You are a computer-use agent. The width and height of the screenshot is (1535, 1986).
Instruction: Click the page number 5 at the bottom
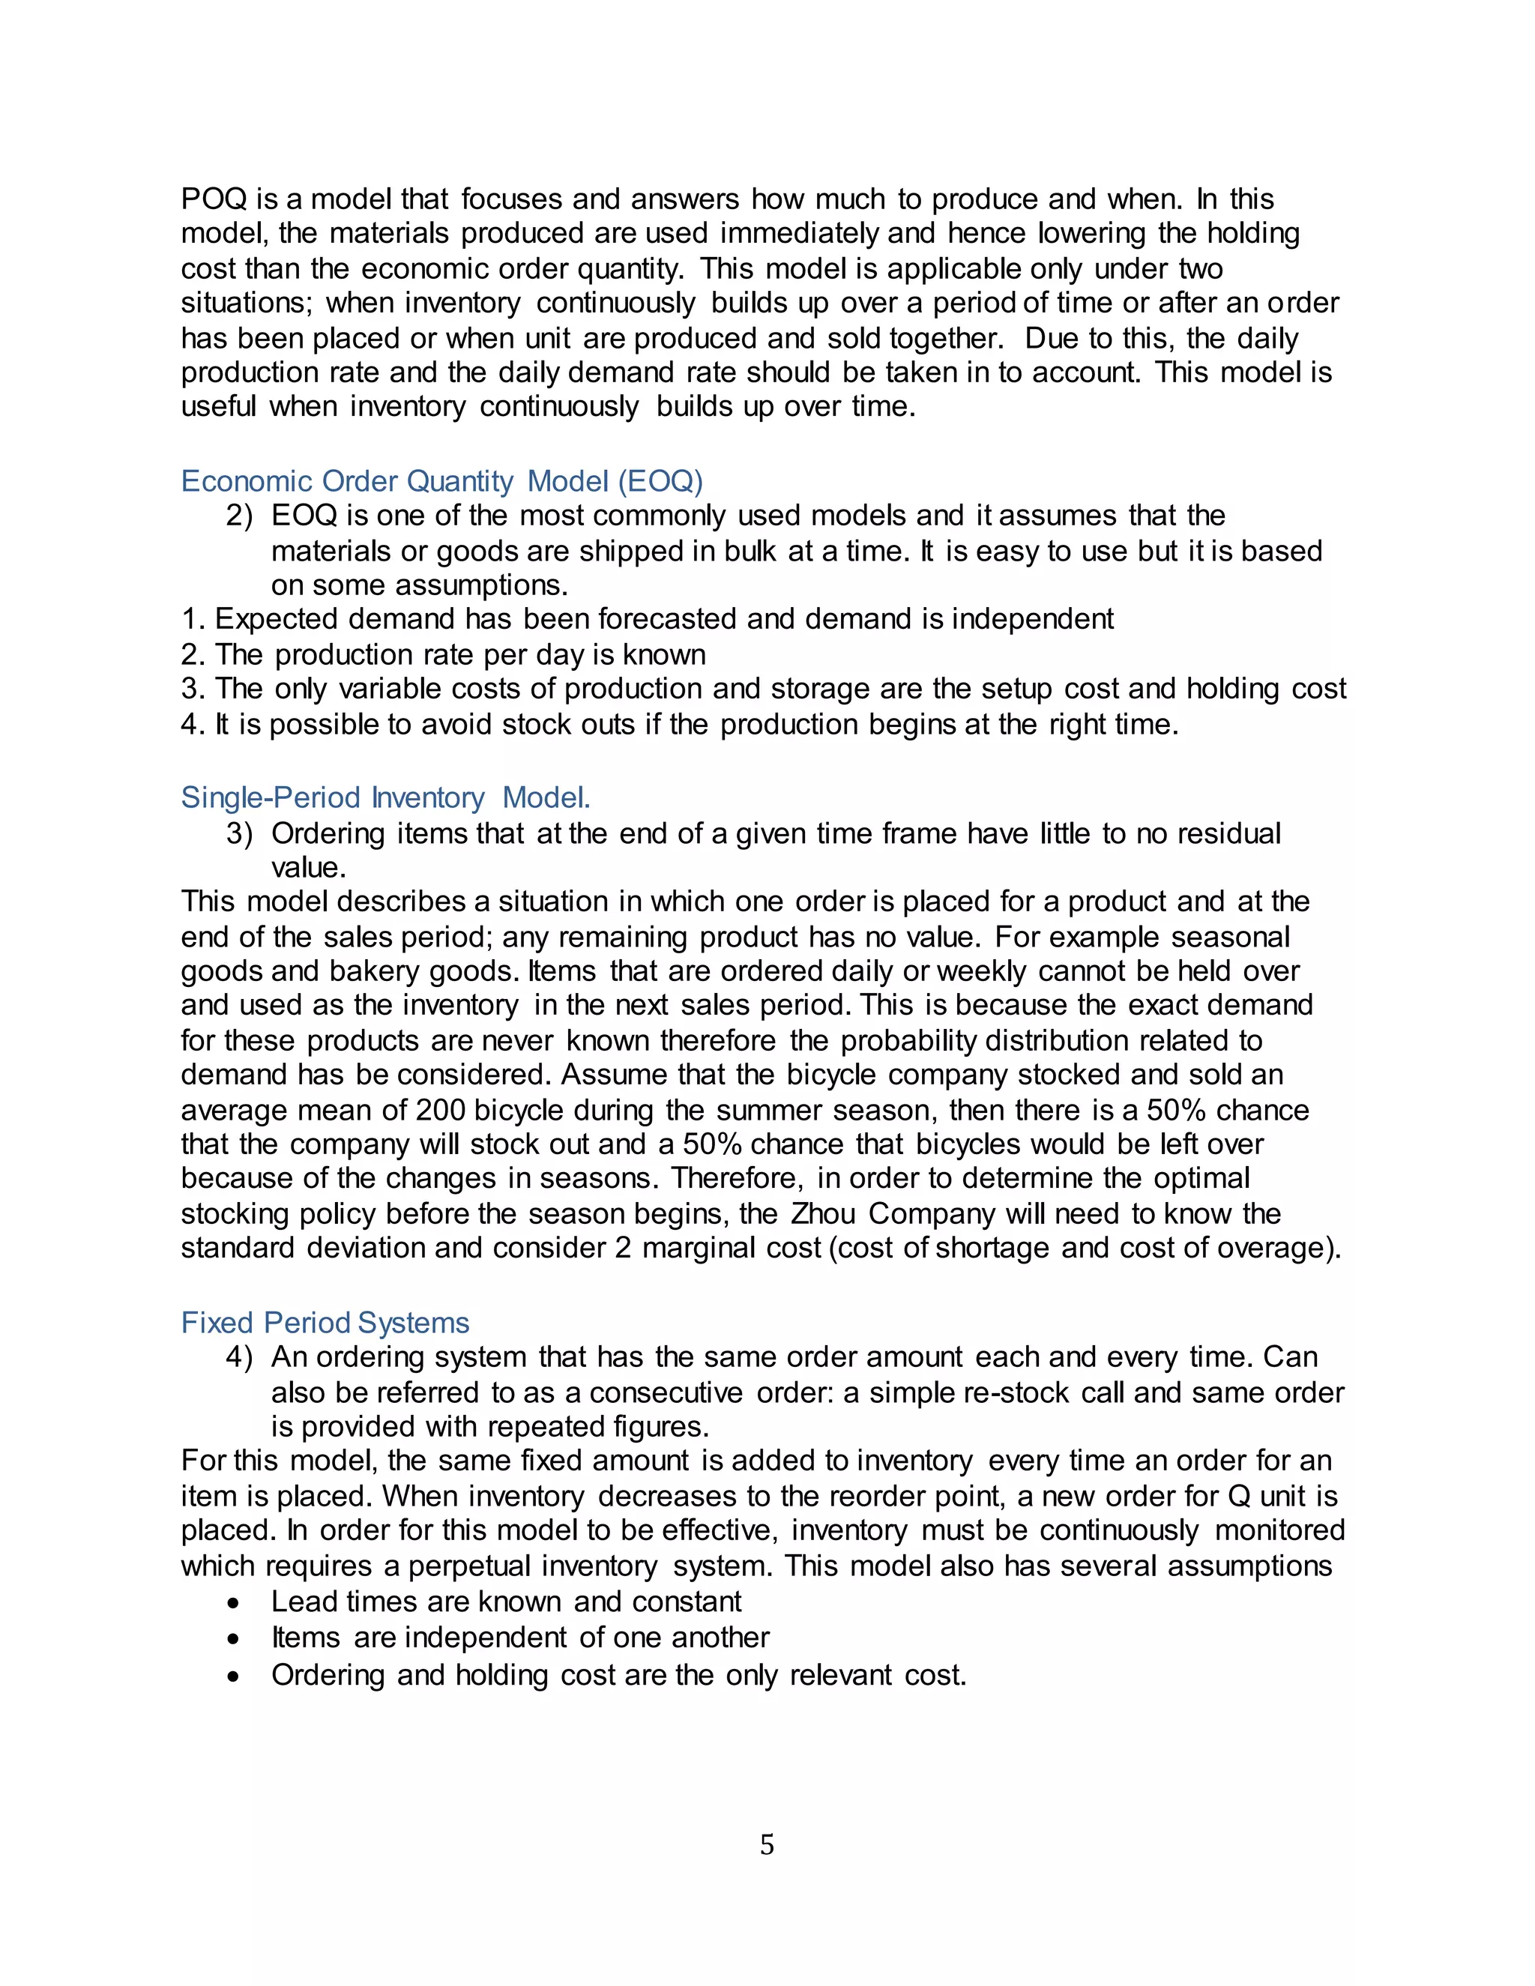point(767,1844)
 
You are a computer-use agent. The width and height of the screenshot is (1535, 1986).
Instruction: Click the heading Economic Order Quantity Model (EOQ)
point(442,481)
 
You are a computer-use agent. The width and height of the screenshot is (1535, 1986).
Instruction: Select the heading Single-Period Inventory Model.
point(385,797)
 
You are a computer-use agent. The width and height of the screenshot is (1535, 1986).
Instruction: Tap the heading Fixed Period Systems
point(325,1322)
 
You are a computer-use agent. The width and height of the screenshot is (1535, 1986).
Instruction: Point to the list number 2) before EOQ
point(238,516)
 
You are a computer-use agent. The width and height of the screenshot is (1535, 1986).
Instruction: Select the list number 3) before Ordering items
point(238,833)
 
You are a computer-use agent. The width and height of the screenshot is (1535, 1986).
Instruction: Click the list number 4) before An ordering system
point(238,1356)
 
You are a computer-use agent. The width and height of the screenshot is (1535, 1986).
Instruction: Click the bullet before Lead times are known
point(235,1603)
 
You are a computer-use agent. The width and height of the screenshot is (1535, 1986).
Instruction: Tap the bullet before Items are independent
point(235,1638)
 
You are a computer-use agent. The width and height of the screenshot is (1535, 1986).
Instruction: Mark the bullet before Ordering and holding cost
point(235,1676)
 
